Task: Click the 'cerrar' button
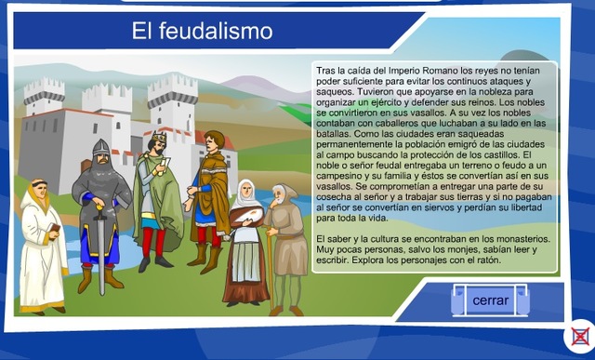pyautogui.click(x=490, y=300)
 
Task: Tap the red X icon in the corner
pyautogui.click(x=580, y=336)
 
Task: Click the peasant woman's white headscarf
pyautogui.click(x=245, y=192)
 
